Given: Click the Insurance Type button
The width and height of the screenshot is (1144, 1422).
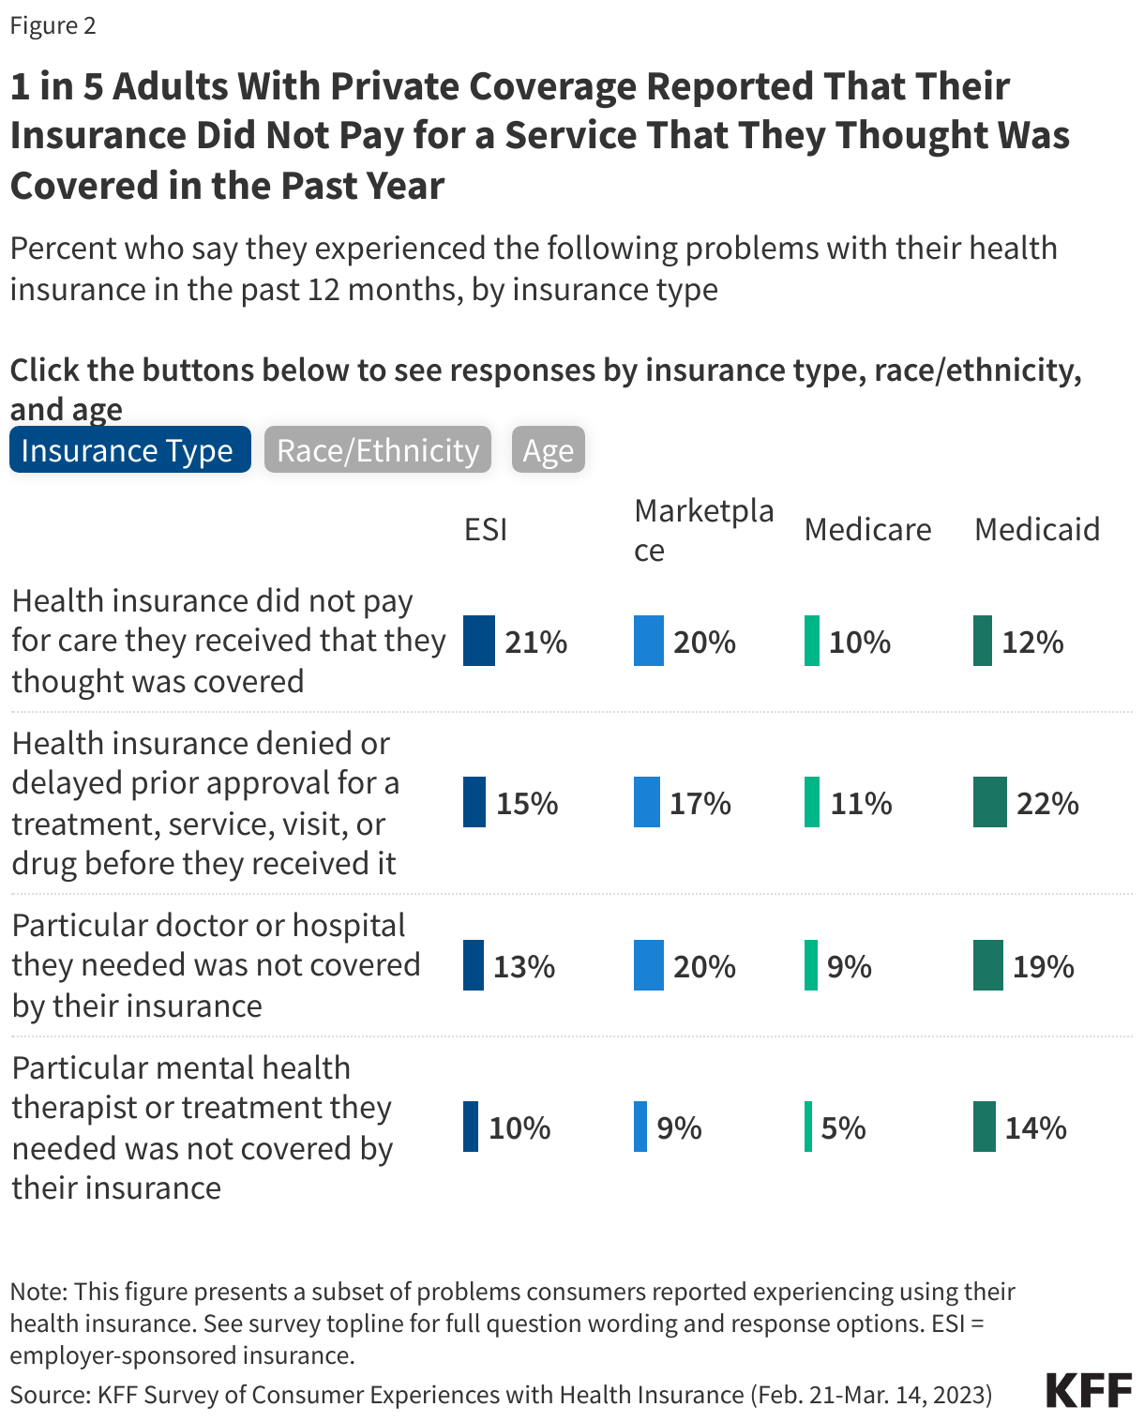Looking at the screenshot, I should (x=129, y=450).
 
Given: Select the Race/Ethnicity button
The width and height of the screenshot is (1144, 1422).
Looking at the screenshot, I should (x=377, y=450).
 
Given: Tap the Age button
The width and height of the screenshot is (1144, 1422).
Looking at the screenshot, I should (x=549, y=450).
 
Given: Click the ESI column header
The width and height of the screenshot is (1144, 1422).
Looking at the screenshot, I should (x=486, y=530).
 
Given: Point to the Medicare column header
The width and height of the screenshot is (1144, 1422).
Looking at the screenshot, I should (x=867, y=530).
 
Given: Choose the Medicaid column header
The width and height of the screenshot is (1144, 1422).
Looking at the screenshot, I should (x=1036, y=530).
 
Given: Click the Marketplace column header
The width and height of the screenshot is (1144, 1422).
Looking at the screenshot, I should (x=703, y=530).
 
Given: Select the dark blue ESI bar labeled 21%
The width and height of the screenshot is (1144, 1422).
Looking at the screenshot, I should (x=478, y=641).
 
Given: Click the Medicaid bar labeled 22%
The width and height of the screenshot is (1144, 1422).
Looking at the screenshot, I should (x=989, y=802).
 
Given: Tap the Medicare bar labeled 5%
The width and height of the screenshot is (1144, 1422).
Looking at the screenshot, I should (x=808, y=1127).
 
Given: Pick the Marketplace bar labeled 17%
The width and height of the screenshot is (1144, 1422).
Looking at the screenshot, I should (x=647, y=802).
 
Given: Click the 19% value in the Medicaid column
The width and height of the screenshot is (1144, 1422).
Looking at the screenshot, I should (x=1043, y=966).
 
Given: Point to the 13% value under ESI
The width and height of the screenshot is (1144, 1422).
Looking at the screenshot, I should (x=524, y=966).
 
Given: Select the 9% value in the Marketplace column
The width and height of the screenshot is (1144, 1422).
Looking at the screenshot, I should (x=679, y=1127).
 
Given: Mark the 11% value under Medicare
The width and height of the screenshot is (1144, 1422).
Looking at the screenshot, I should (x=861, y=804).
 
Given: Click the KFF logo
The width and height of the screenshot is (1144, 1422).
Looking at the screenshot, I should (x=1089, y=1390).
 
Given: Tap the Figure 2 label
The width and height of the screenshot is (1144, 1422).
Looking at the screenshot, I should (x=53, y=25).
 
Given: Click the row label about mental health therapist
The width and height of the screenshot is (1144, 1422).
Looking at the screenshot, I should (x=202, y=1127).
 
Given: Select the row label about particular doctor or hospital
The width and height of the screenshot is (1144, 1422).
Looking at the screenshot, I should (x=216, y=965).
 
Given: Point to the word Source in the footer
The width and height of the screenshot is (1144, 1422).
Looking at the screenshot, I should (x=49, y=1395).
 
